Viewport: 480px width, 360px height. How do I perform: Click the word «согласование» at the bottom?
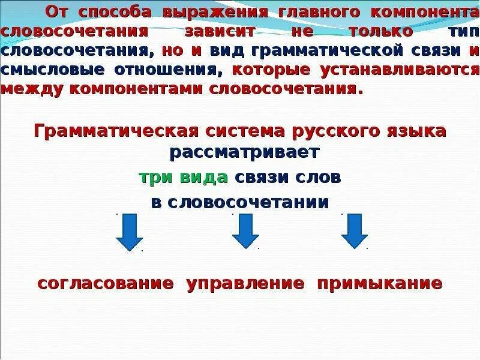click(106, 283)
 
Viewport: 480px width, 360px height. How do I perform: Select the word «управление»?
click(245, 283)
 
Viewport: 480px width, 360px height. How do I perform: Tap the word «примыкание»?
click(380, 283)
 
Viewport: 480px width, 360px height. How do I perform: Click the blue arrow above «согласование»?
click(129, 231)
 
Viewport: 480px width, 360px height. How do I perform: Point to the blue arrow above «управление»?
click(245, 231)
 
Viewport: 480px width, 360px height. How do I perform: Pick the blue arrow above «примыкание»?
click(355, 231)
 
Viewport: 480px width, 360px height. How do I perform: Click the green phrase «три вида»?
click(183, 177)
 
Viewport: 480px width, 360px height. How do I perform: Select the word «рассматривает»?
click(244, 152)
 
